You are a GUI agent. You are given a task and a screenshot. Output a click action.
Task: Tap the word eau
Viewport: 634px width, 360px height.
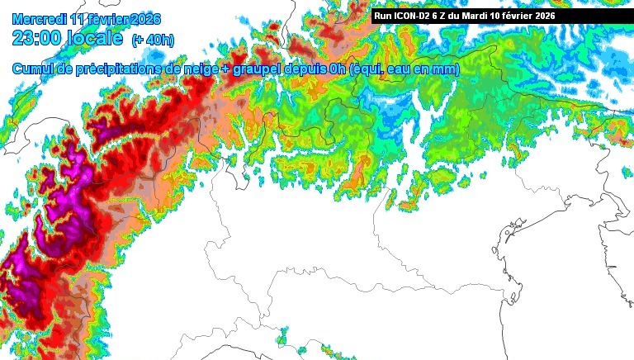click(x=402, y=70)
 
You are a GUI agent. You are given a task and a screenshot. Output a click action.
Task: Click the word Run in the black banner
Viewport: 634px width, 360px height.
click(x=384, y=16)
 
